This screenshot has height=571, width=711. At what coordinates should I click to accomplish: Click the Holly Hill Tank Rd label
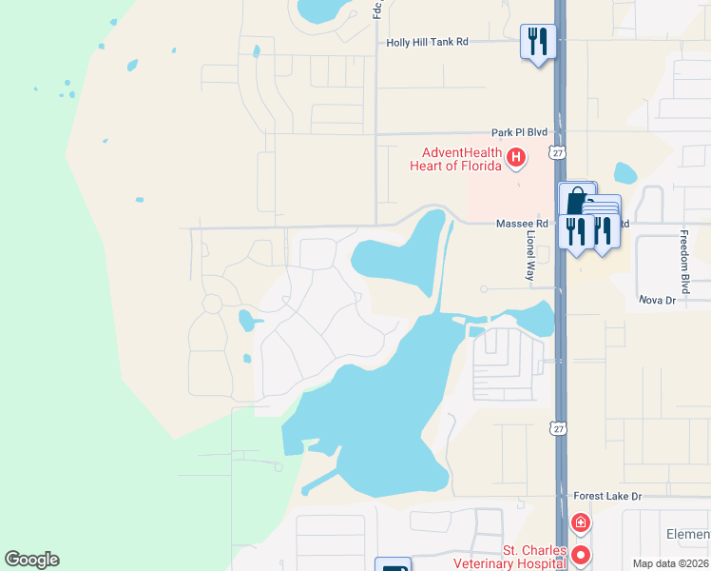(428, 42)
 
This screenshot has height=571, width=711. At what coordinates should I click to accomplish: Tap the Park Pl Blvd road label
(520, 133)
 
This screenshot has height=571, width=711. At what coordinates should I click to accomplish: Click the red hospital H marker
(516, 157)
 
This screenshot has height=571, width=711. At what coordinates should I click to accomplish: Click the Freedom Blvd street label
(683, 261)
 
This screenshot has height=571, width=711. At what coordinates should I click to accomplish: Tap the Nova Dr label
(656, 300)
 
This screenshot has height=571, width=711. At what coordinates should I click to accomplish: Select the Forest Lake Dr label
(608, 496)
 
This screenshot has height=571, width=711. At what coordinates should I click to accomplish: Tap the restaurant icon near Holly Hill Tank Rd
(538, 42)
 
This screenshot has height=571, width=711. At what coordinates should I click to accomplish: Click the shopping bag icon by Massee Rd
(576, 201)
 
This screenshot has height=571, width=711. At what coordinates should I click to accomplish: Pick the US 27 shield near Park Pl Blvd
(556, 151)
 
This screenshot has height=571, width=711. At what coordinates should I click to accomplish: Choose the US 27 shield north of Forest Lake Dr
(557, 429)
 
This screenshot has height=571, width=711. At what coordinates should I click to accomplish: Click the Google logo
(31, 560)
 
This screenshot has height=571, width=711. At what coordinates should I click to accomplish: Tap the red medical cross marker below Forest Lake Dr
(580, 522)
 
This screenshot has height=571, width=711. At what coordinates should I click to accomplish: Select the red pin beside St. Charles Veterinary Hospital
(580, 554)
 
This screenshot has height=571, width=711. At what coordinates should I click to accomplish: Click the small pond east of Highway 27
(625, 173)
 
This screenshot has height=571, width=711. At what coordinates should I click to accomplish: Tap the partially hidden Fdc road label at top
(377, 9)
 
